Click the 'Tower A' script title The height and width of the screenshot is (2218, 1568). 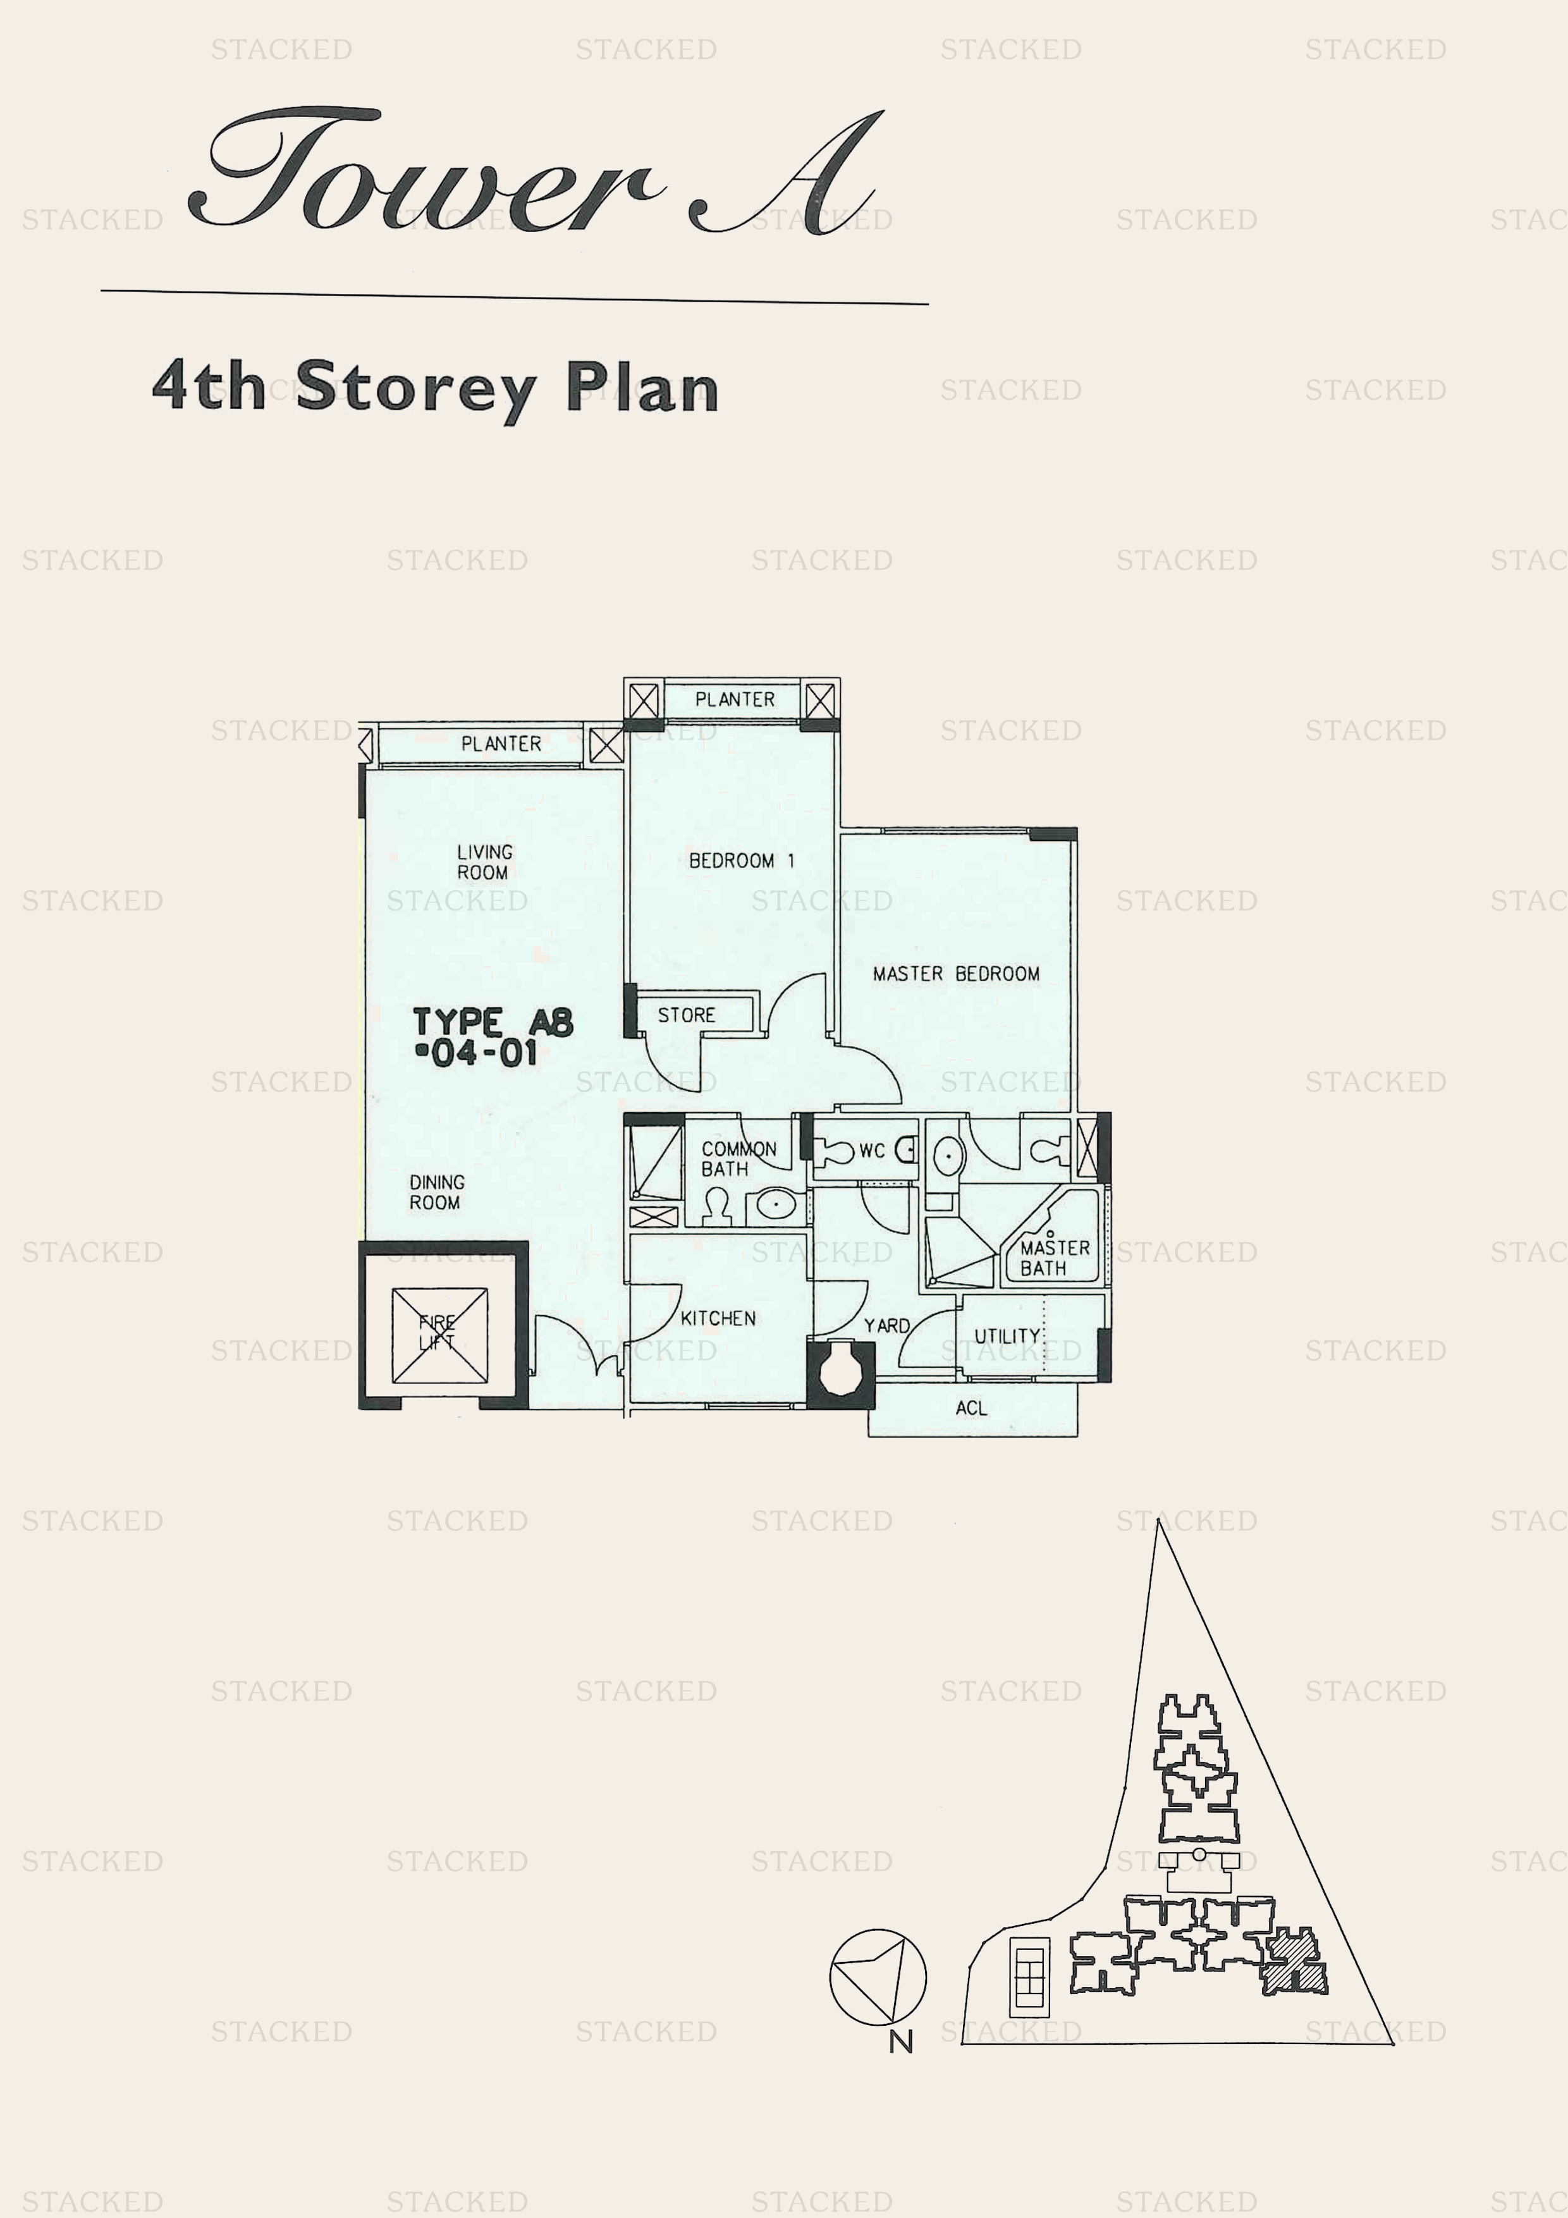[536, 174]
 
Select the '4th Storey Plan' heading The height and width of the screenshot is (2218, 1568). [436, 388]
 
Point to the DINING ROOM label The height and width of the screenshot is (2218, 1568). [437, 1192]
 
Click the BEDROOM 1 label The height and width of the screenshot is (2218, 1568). [741, 861]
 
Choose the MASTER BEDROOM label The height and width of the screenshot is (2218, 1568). [955, 974]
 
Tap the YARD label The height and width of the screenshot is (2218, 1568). [886, 1325]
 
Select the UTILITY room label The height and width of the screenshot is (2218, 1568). [1007, 1336]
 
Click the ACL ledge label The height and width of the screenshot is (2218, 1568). [971, 1409]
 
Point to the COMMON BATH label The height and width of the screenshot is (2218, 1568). [738, 1159]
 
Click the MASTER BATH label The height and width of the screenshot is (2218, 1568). [1054, 1258]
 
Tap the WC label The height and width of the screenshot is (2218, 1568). [871, 1151]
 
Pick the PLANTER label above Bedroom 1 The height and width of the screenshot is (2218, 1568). [734, 699]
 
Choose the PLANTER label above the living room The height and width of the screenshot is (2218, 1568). [501, 744]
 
